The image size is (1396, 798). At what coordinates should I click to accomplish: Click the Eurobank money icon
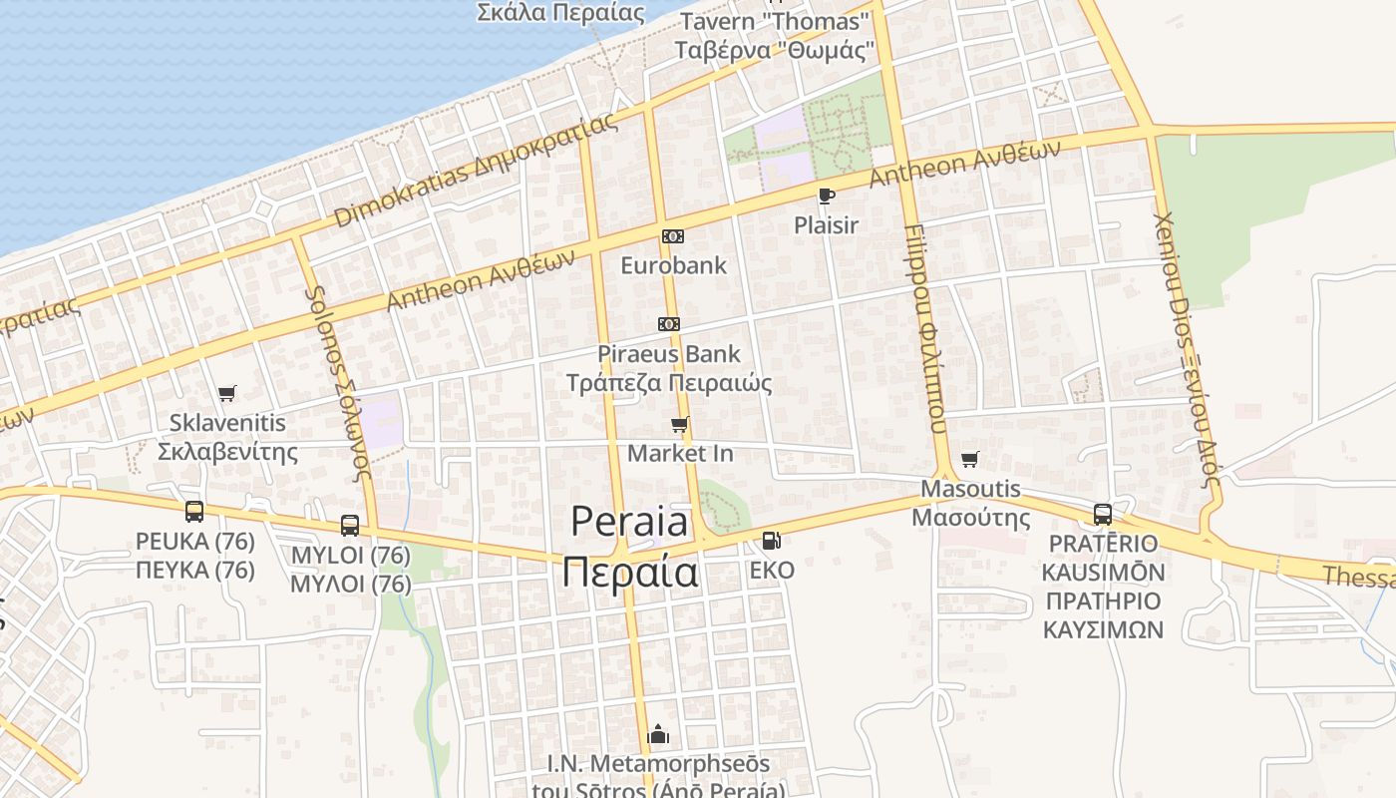pos(673,236)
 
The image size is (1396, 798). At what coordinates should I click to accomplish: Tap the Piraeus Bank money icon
pos(669,324)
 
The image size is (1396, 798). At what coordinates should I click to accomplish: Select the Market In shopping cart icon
pos(680,425)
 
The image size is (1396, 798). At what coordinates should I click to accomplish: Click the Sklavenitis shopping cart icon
pos(227,393)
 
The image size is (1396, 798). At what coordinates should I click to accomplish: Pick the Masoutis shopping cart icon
pos(969,459)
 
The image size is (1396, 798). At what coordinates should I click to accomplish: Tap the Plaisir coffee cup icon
pos(826,196)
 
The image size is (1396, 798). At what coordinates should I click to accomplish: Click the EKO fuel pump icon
pos(771,541)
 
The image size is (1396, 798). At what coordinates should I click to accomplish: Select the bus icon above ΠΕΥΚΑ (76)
pos(194,512)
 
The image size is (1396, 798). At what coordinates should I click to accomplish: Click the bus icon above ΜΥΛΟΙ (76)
pos(350,526)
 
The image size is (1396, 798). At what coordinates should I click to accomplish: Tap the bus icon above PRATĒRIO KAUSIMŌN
pos(1103,515)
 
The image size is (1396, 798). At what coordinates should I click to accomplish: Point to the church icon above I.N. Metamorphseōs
pos(658,735)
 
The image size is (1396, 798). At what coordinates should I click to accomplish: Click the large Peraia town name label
pos(629,522)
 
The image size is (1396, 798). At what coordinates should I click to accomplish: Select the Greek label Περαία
pos(629,574)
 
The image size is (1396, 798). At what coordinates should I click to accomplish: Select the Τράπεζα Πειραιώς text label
pos(669,383)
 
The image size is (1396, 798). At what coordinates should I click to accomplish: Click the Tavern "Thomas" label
pos(774,21)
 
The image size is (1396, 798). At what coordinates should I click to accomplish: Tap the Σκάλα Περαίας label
pos(560,13)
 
